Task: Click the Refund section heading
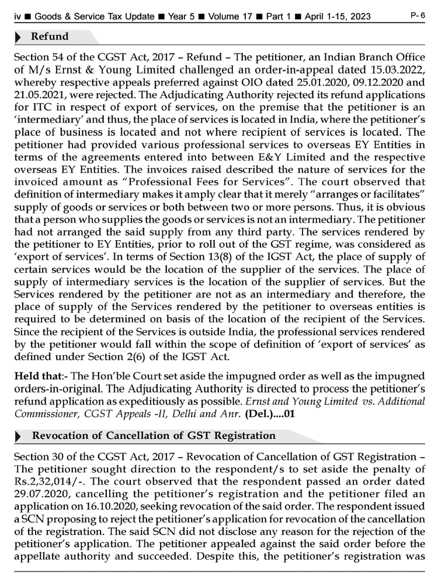pos(50,37)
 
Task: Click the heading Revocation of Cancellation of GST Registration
pos(154,436)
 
